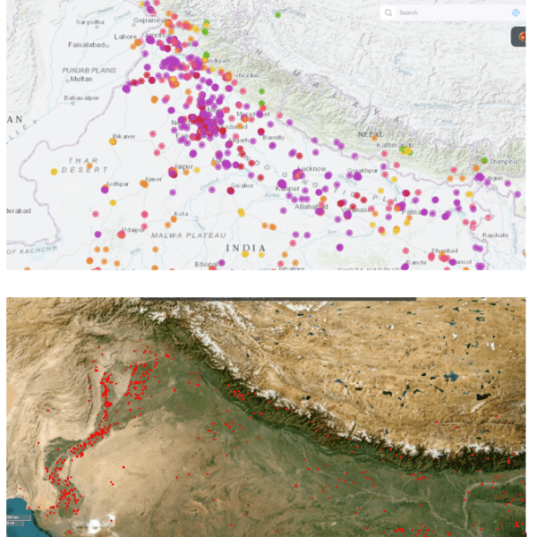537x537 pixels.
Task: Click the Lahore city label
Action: coord(125,37)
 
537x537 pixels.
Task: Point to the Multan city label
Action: coord(81,79)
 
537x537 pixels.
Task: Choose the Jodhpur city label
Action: coord(116,183)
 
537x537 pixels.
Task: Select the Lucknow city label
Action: coord(312,168)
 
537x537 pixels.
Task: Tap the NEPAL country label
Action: coord(371,133)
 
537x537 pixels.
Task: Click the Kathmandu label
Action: coord(393,145)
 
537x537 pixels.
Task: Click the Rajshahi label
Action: coord(494,235)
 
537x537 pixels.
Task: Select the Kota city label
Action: coord(182,214)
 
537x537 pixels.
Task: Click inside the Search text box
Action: coord(447,13)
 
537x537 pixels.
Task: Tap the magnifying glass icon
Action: coord(388,13)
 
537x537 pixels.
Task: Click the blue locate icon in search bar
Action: coord(515,13)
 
